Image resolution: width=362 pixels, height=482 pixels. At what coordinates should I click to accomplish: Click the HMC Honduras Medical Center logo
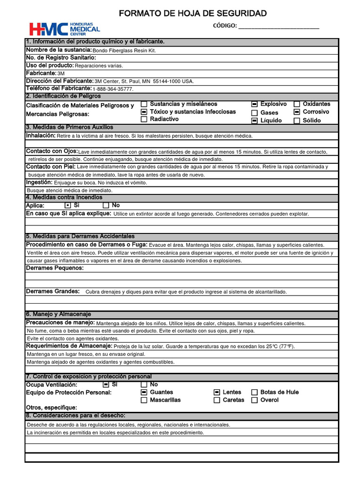point(65,29)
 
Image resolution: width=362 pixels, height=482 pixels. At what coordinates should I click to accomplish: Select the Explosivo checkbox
point(255,104)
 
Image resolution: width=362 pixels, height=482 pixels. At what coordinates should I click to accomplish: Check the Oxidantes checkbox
point(297,104)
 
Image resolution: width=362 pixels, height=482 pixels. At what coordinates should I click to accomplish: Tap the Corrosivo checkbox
point(297,112)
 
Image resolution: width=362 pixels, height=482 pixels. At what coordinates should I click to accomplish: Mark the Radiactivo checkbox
point(144,120)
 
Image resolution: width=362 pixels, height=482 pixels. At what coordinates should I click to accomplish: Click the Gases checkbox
point(255,113)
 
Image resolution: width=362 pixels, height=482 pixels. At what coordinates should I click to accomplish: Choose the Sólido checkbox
point(297,120)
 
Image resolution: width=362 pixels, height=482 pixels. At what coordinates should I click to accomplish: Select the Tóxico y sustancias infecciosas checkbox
point(144,112)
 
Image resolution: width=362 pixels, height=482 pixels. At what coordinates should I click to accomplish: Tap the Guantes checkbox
point(144,392)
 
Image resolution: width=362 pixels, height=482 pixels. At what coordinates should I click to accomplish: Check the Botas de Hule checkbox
point(255,392)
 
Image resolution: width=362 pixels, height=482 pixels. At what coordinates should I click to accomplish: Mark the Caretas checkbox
point(217,400)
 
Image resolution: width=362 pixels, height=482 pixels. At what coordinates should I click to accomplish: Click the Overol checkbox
point(255,400)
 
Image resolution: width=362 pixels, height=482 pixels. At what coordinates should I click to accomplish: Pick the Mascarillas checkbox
point(144,400)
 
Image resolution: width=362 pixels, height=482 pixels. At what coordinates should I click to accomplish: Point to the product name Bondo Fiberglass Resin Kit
point(124,50)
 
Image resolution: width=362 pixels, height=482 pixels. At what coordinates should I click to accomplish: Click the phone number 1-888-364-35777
point(113,89)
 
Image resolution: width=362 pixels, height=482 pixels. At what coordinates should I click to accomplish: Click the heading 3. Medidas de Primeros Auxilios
point(69,128)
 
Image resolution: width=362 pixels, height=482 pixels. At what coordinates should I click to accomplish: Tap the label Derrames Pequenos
point(55,268)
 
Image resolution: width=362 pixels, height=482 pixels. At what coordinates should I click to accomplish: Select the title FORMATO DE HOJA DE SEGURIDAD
point(193,13)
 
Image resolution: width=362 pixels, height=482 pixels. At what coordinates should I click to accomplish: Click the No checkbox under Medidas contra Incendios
point(106,206)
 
